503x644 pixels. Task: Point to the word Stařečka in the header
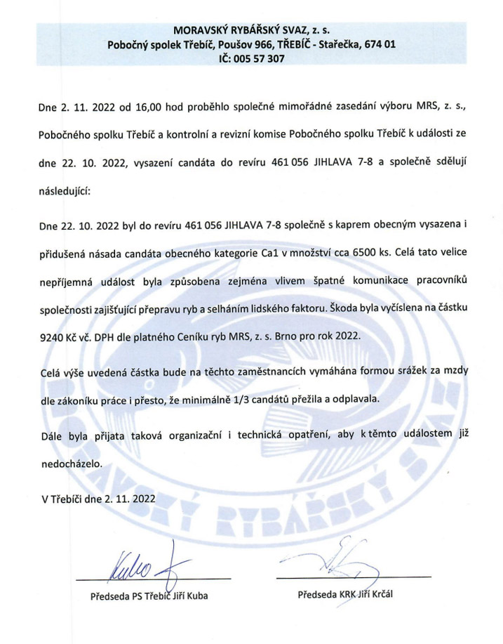(x=333, y=45)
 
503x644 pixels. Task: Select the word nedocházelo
(x=72, y=464)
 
